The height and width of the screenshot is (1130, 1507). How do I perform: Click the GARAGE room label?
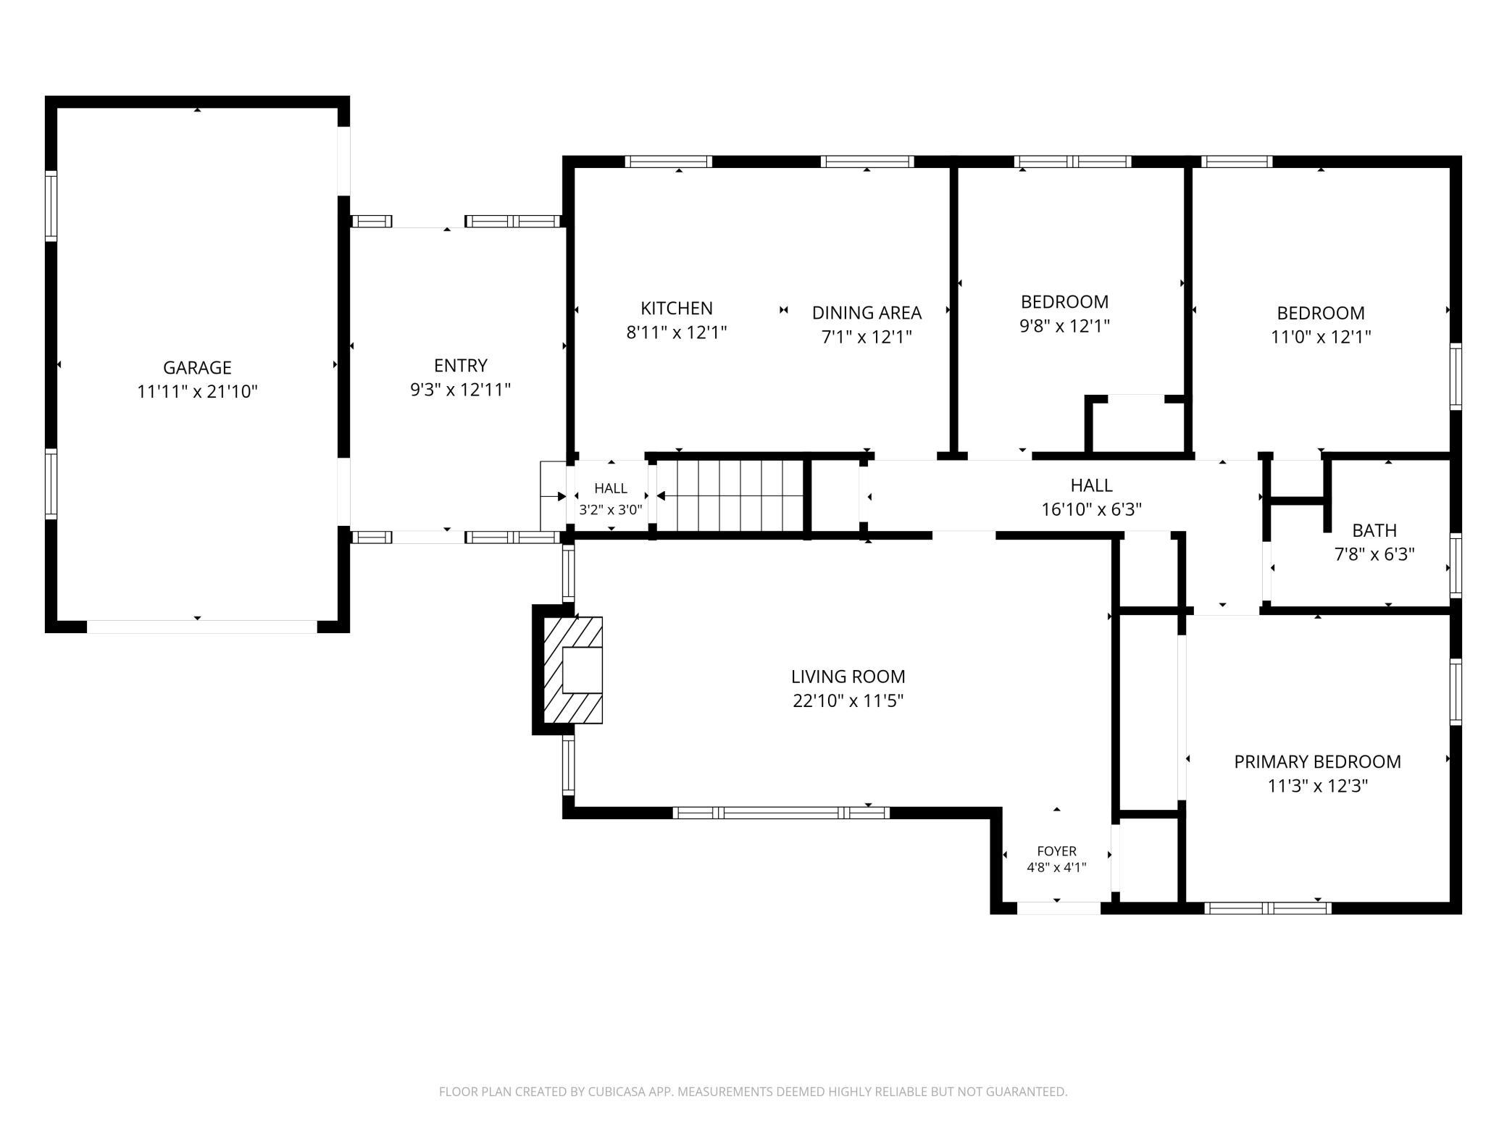(x=197, y=367)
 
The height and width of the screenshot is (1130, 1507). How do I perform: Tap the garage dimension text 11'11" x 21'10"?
(x=197, y=392)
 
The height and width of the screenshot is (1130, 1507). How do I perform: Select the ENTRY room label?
(x=461, y=365)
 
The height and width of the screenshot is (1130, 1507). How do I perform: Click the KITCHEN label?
(x=677, y=308)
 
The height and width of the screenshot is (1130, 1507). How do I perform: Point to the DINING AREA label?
(x=867, y=312)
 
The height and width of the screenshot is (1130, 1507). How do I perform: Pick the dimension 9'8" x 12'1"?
(x=1064, y=326)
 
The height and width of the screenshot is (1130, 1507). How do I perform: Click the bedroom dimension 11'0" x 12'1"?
(x=1321, y=337)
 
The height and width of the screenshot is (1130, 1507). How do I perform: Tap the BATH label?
(x=1374, y=530)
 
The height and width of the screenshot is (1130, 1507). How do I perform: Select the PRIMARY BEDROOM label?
(x=1317, y=761)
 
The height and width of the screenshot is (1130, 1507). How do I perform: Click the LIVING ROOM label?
(x=848, y=677)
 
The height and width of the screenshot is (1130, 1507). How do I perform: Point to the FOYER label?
(x=1056, y=851)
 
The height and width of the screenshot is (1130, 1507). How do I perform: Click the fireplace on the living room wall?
(x=568, y=669)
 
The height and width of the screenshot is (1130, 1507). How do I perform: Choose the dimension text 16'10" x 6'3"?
(x=1091, y=509)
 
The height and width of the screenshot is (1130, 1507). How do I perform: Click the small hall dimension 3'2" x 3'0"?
(x=610, y=509)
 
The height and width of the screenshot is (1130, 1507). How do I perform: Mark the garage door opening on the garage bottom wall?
(x=202, y=627)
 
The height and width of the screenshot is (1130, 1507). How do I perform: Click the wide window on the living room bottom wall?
(x=781, y=812)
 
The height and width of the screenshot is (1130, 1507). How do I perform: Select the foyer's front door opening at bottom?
(x=1059, y=908)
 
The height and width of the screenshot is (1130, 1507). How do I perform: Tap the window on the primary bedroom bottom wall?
(x=1268, y=908)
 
